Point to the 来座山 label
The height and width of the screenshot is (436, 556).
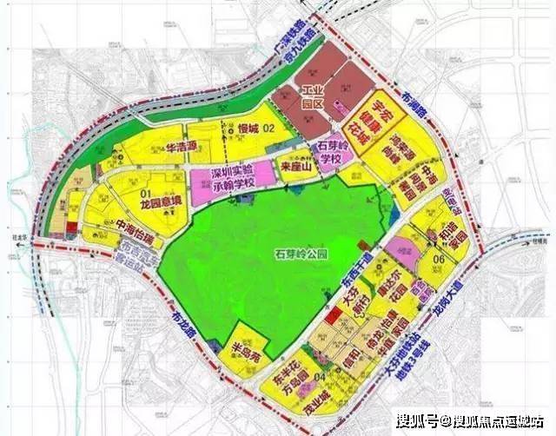point(295,165)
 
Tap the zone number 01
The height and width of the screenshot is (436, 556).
point(145,187)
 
